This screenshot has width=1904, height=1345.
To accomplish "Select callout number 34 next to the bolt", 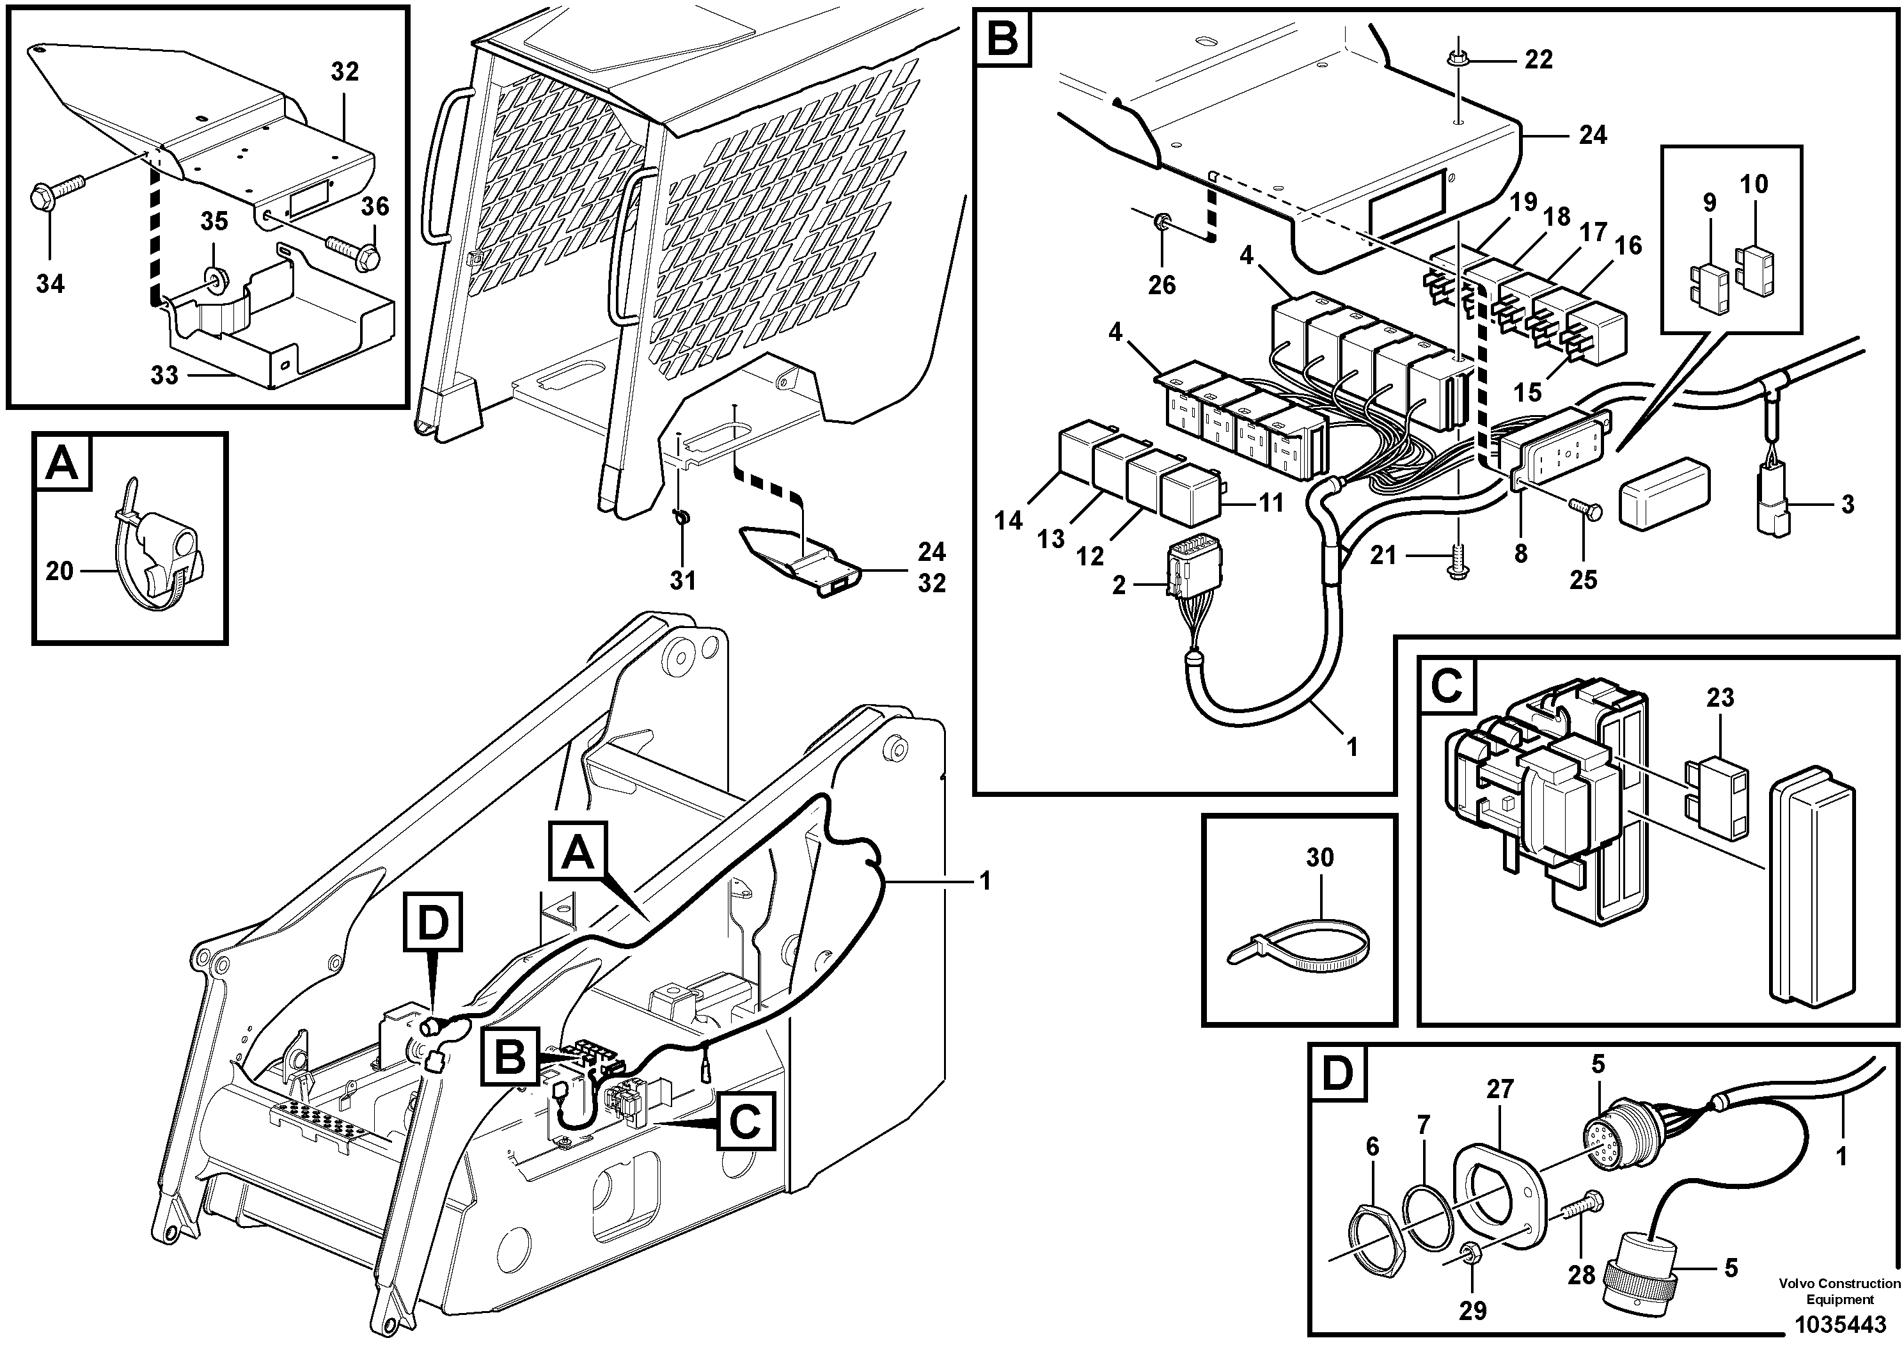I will click(x=50, y=285).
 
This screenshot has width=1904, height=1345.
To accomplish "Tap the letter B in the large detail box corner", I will click(x=1003, y=39).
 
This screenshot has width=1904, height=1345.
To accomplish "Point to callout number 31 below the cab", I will click(x=682, y=581).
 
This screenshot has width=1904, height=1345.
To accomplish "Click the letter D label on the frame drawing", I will click(x=432, y=924).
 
